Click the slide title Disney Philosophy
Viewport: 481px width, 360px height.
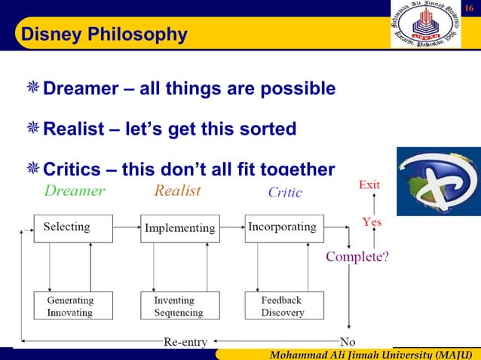tap(104, 35)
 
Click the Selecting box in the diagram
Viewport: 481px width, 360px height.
tap(73, 227)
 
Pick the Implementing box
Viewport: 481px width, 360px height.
tap(179, 227)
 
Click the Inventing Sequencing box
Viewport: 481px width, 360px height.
tap(179, 306)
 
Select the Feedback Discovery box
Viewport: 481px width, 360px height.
tap(282, 306)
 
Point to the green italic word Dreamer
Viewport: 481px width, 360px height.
tap(75, 191)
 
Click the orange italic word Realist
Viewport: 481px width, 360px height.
tap(178, 191)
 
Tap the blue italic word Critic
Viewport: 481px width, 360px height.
tap(285, 193)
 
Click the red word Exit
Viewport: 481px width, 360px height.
tap(369, 185)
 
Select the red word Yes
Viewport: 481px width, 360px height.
tap(372, 222)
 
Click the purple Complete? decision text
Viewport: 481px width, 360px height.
tap(357, 257)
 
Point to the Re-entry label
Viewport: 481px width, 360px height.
tap(185, 341)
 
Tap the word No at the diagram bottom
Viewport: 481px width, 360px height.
tap(348, 341)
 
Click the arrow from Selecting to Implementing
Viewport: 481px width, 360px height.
tap(127, 227)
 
